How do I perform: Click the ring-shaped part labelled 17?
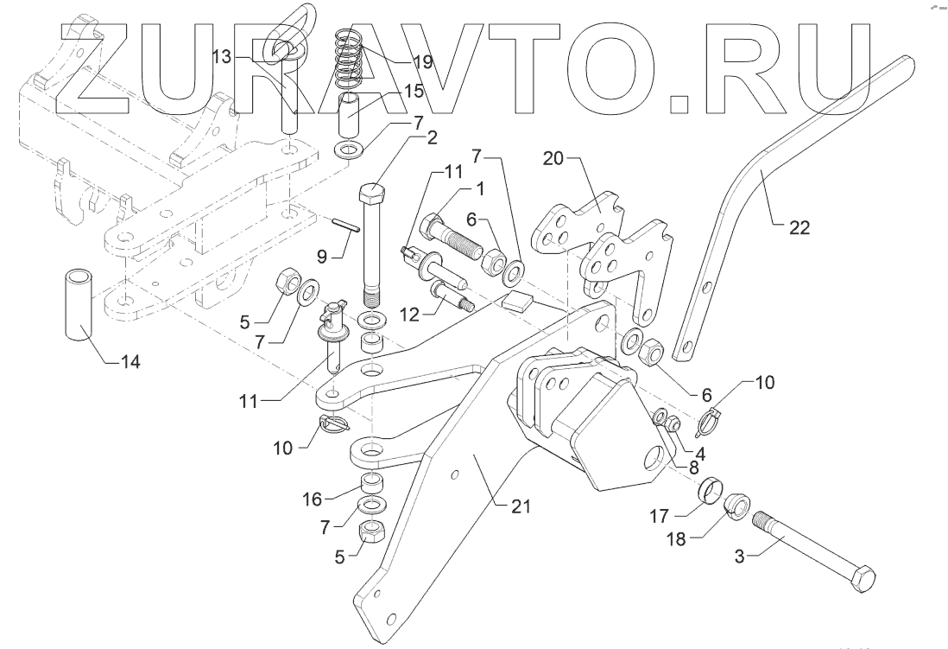711,489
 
